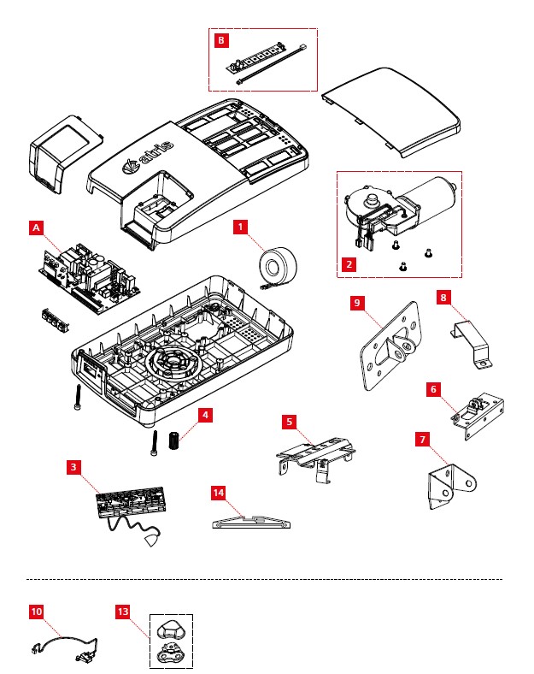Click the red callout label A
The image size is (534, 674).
click(x=36, y=228)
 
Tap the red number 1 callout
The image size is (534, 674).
click(x=242, y=227)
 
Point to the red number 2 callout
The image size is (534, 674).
click(x=349, y=263)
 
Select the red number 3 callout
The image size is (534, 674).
click(x=74, y=467)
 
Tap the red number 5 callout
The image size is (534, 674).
click(x=290, y=422)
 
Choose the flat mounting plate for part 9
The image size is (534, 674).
click(x=389, y=346)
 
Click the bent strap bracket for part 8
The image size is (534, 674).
click(x=472, y=340)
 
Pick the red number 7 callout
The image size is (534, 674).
click(x=422, y=439)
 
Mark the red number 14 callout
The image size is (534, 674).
click(x=219, y=493)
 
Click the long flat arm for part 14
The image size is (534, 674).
click(x=253, y=521)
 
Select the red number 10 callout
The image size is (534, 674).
click(x=36, y=612)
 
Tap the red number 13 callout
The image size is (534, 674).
click(x=123, y=612)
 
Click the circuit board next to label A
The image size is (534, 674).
click(x=85, y=274)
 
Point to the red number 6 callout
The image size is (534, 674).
click(x=434, y=388)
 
